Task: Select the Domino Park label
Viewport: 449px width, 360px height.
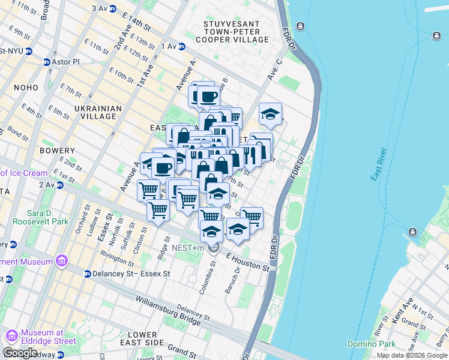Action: coord(371,344)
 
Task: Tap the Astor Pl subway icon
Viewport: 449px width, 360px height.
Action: coord(46,62)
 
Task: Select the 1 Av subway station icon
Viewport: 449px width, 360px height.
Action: coord(182,46)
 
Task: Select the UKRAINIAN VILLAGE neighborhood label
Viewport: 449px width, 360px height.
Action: coord(98,112)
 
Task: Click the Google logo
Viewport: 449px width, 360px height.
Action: coord(20,353)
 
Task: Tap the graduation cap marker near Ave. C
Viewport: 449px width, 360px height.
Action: coord(271,114)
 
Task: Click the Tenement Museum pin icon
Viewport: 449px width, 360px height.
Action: coord(61,261)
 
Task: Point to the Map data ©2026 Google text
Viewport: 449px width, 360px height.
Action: coord(411,355)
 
